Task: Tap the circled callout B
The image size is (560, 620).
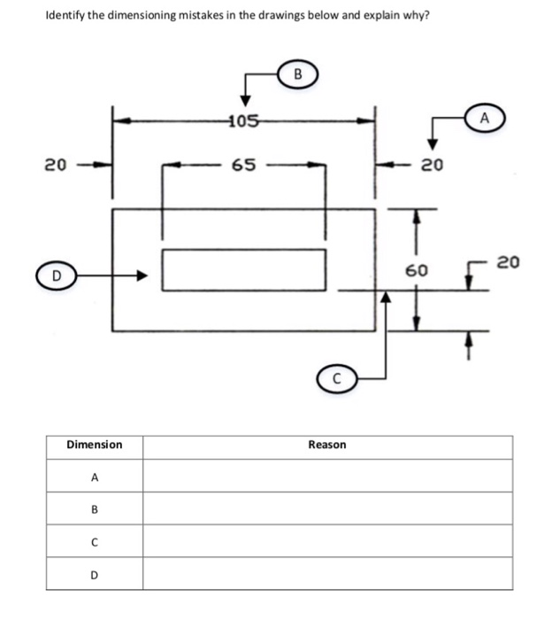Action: (x=297, y=74)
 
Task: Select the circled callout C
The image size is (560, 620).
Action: (x=335, y=379)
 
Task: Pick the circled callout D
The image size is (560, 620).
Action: (x=55, y=276)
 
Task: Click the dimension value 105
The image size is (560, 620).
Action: (x=243, y=121)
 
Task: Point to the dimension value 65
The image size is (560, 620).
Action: (x=243, y=164)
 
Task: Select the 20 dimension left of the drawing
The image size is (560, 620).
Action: (x=55, y=164)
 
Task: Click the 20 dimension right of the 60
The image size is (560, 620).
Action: (x=509, y=261)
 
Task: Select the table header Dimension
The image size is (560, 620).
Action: (x=95, y=445)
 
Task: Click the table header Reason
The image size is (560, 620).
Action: (x=326, y=445)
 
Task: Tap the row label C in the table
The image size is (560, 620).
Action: (x=95, y=541)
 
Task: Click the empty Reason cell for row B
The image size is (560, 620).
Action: (x=326, y=509)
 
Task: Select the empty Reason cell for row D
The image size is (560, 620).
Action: (x=326, y=574)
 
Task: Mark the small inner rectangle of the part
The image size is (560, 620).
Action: (x=243, y=270)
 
